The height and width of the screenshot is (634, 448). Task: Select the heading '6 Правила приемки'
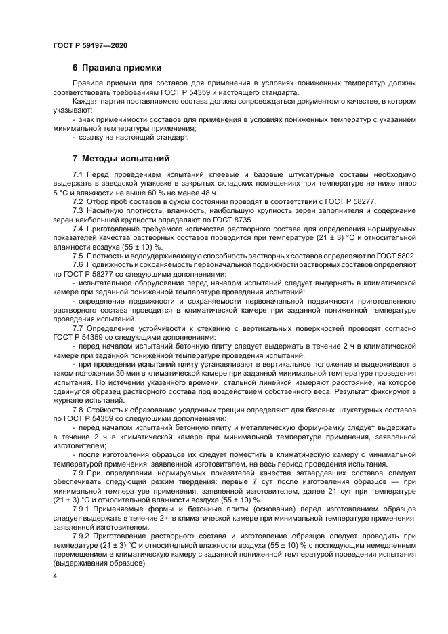tap(117, 68)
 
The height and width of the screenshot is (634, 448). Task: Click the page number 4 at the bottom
tap(55, 575)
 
